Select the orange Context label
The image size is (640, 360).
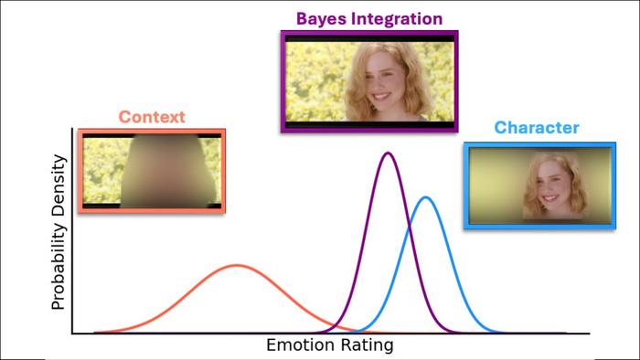click(x=151, y=117)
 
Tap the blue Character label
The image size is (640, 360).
click(x=537, y=128)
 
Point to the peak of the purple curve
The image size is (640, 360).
click(x=389, y=153)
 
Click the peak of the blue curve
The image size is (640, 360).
click(x=424, y=197)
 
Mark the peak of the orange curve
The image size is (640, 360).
click(x=238, y=265)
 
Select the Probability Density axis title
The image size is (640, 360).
click(x=59, y=232)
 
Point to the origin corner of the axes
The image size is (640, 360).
click(x=72, y=334)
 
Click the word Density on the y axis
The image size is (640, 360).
click(x=59, y=187)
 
